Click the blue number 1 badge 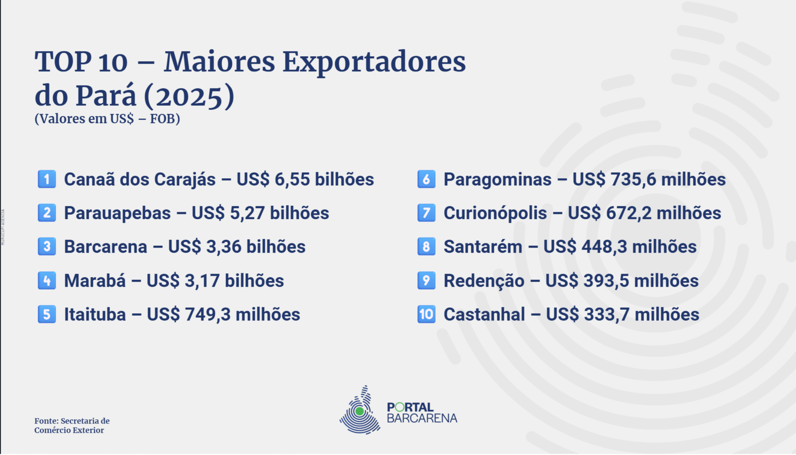pyautogui.click(x=47, y=179)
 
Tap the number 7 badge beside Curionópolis pyautogui.click(x=426, y=213)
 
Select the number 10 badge pyautogui.click(x=426, y=314)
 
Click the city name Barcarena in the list pyautogui.click(x=105, y=247)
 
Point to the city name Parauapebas pyautogui.click(x=117, y=213)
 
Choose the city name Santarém pyautogui.click(x=483, y=247)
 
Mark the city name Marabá pyautogui.click(x=95, y=280)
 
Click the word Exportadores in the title pyautogui.click(x=374, y=63)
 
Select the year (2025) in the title pyautogui.click(x=190, y=97)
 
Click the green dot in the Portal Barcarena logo pyautogui.click(x=359, y=411)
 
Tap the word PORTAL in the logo pyautogui.click(x=410, y=407)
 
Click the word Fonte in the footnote pyautogui.click(x=46, y=421)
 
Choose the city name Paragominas pyautogui.click(x=497, y=180)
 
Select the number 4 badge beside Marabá pyautogui.click(x=47, y=280)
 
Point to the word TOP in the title pyautogui.click(x=63, y=62)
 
